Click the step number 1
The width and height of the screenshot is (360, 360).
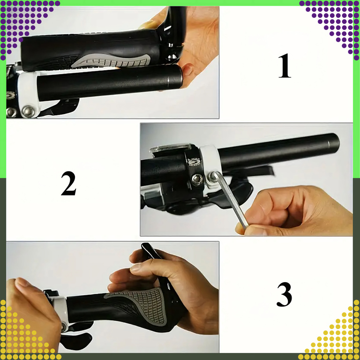pos(285,66)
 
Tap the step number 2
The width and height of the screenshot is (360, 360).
pos(68,183)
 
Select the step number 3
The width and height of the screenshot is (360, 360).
pos(284,294)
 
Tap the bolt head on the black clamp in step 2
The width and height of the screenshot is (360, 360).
pos(197,179)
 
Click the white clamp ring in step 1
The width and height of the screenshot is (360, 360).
pos(28,94)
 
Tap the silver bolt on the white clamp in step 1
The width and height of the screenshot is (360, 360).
pos(28,112)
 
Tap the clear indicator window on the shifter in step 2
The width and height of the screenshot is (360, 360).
pos(170,148)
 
